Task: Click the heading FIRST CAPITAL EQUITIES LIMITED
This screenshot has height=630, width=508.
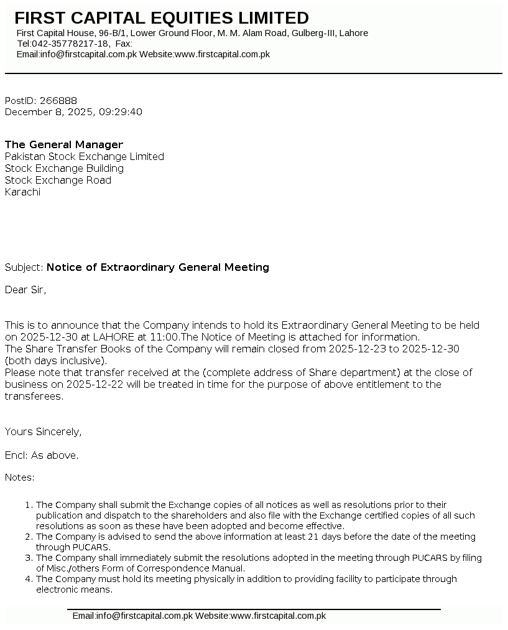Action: click(x=162, y=18)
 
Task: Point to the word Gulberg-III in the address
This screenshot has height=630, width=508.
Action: click(x=312, y=33)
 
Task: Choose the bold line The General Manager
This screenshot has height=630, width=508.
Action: click(x=64, y=145)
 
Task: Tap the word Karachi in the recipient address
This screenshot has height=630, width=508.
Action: click(x=22, y=192)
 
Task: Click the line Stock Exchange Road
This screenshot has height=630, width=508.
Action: click(x=58, y=181)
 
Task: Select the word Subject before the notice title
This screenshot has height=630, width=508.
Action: click(x=24, y=268)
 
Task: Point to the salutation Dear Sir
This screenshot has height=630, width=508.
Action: click(x=25, y=290)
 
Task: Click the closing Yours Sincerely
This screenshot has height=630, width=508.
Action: click(x=43, y=432)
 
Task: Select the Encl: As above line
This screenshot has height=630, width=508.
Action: click(x=42, y=456)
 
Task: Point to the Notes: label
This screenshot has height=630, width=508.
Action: click(x=19, y=477)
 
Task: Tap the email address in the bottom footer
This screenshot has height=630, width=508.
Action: click(x=132, y=616)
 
